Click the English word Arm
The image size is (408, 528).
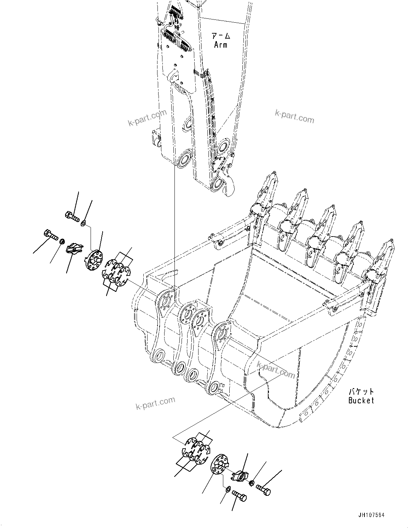coord(220,45)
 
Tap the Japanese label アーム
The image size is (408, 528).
coord(221,36)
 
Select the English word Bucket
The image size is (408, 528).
coord(361,401)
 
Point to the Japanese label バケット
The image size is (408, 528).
coord(361,392)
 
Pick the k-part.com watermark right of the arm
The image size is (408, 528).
coord(294,117)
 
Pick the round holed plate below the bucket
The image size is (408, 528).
coord(219,468)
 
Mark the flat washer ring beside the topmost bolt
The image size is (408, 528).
coord(83,223)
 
